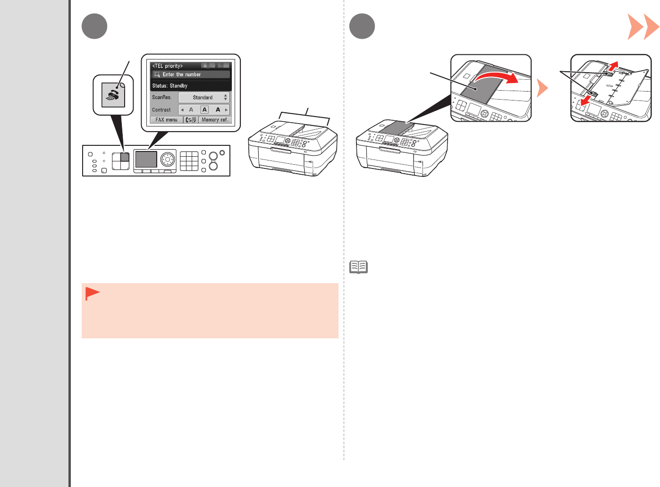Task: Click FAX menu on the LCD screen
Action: (x=166, y=120)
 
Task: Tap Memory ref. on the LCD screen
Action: (x=215, y=120)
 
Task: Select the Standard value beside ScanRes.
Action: (x=203, y=98)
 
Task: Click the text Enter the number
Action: (x=182, y=75)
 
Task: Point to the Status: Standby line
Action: (x=170, y=86)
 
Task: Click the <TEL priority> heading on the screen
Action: (x=168, y=66)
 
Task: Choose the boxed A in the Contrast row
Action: (x=204, y=109)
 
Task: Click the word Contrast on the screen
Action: (x=161, y=110)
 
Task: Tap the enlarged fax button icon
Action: (x=113, y=95)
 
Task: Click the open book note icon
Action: (x=359, y=267)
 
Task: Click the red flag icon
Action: (x=92, y=294)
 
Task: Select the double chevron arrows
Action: (x=643, y=27)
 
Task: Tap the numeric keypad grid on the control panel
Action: (x=189, y=161)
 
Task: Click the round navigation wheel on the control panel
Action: (x=167, y=159)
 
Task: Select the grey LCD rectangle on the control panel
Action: (x=146, y=160)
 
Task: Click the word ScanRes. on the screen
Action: (x=162, y=97)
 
